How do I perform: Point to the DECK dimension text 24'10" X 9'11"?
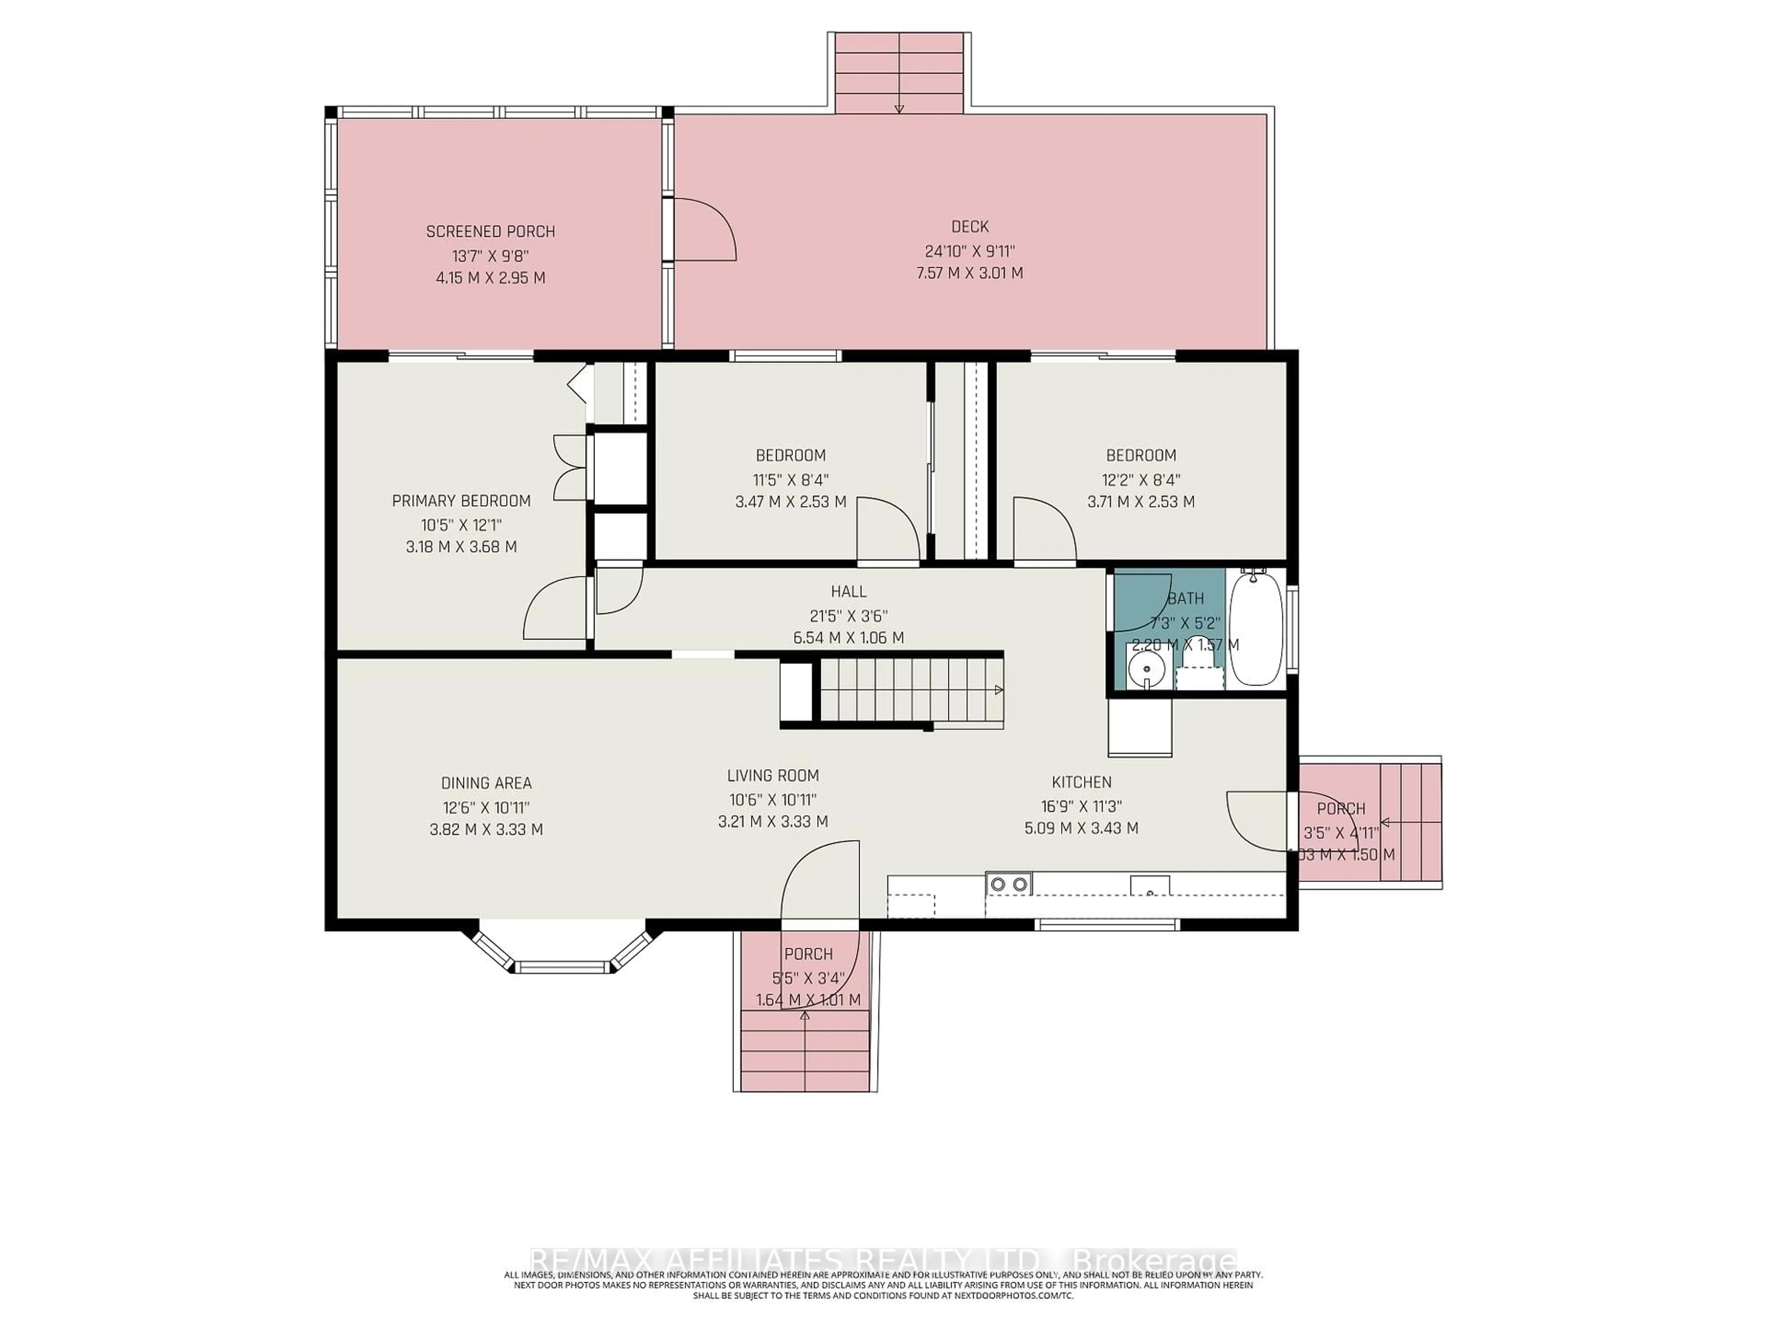970,250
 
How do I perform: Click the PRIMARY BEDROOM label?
461,501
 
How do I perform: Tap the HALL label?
849,591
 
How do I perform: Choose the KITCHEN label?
1081,783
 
